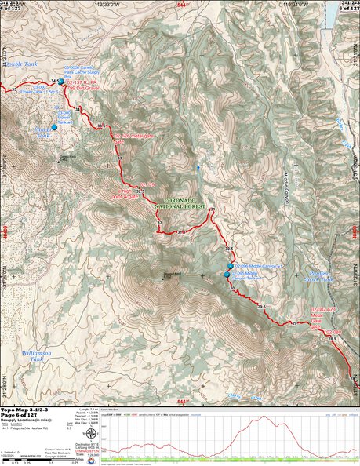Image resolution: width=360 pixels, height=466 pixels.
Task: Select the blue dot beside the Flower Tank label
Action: point(55,127)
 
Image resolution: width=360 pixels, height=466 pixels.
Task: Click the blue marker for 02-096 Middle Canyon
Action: point(230,267)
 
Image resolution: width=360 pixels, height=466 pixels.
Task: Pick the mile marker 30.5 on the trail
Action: point(229,249)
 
